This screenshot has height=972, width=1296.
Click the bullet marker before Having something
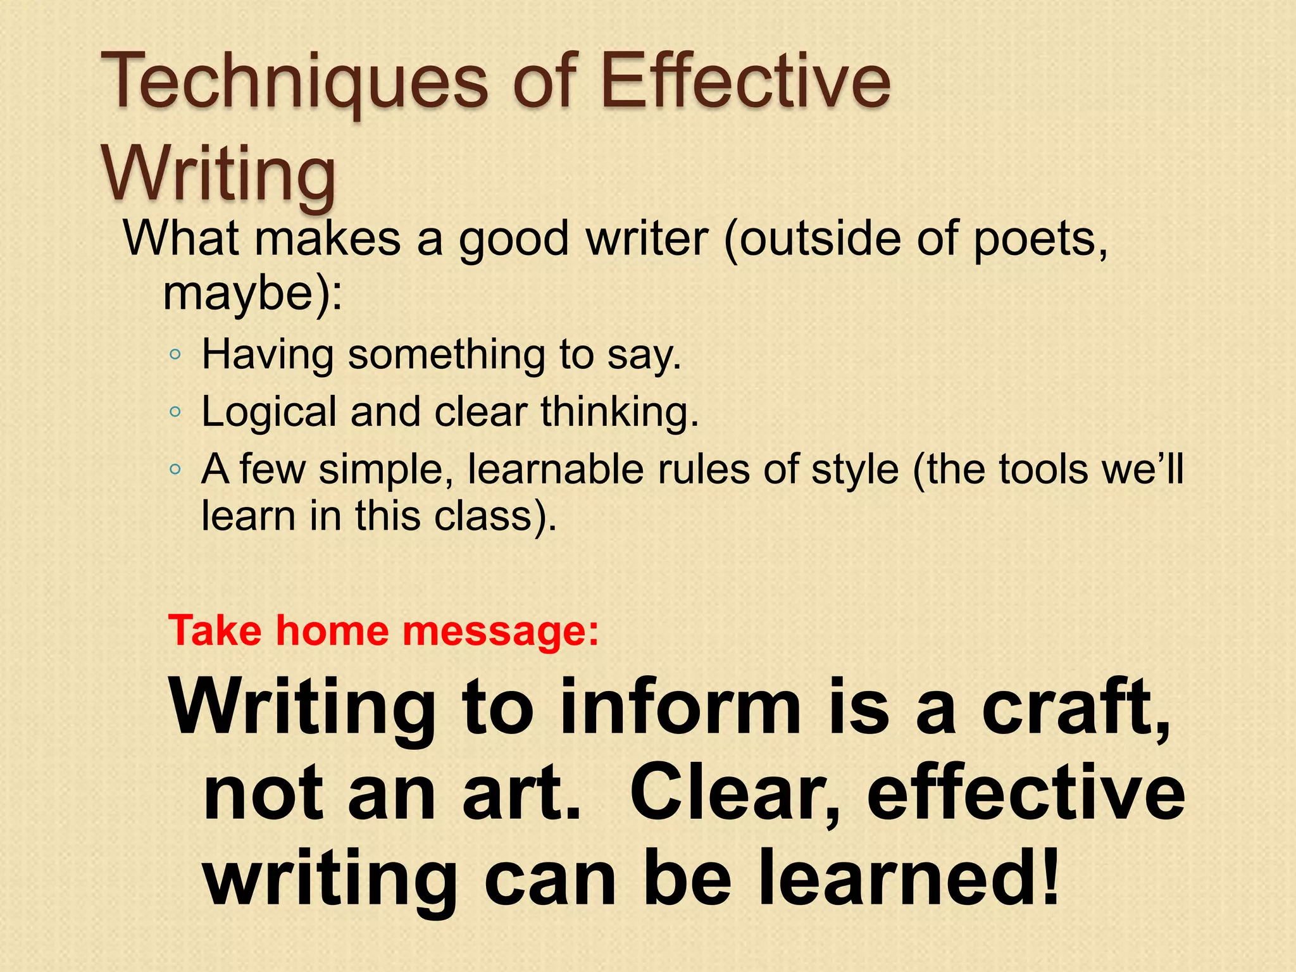(175, 355)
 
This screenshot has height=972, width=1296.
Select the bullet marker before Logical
(175, 413)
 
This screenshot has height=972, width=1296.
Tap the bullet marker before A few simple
(175, 470)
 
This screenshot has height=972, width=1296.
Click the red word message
(494, 631)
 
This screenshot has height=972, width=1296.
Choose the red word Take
(215, 631)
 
